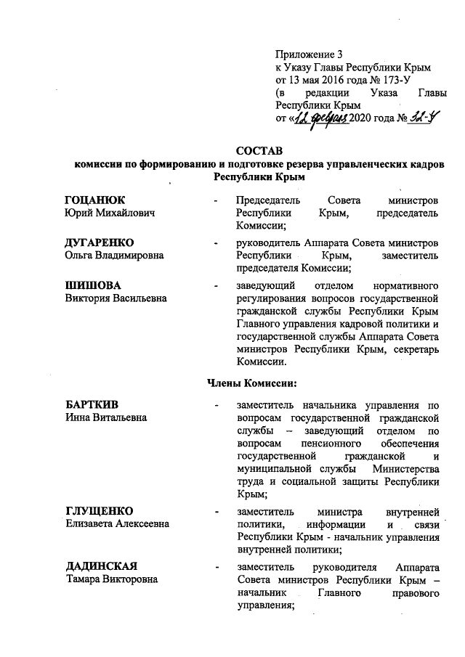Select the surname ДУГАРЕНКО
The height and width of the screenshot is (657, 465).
100,242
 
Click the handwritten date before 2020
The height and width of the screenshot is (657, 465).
320,118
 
